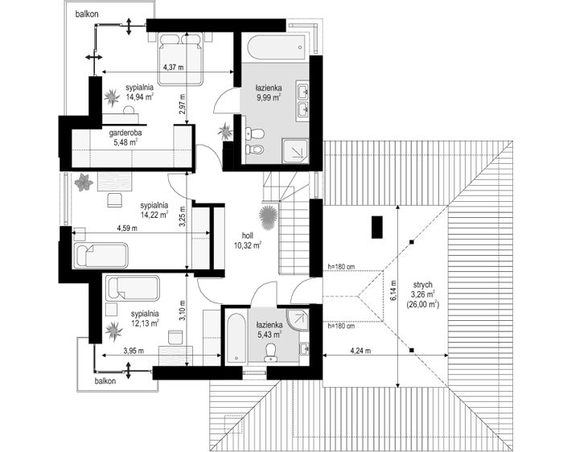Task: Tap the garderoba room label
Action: (x=125, y=133)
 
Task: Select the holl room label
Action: (x=248, y=236)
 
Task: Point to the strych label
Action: (x=422, y=285)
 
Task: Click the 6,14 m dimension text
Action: (x=394, y=290)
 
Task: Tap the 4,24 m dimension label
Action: (x=360, y=351)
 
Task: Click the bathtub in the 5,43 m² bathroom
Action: (x=236, y=338)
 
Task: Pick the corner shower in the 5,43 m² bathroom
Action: (x=298, y=319)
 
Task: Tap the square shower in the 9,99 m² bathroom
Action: (x=295, y=150)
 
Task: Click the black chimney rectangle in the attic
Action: (x=377, y=228)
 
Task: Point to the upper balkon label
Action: (x=87, y=14)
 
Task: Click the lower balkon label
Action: (x=105, y=381)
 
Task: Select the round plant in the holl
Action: (x=268, y=218)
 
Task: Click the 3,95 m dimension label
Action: (x=134, y=351)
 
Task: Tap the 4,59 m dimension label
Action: (x=127, y=228)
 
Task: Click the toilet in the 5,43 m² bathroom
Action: (x=269, y=352)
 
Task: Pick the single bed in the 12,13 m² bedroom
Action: (x=133, y=288)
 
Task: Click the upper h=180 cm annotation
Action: (x=341, y=267)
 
